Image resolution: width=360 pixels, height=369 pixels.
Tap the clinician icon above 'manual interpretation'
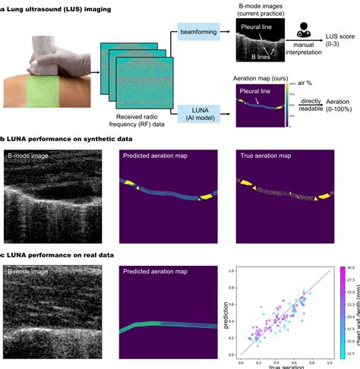coord(307,30)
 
